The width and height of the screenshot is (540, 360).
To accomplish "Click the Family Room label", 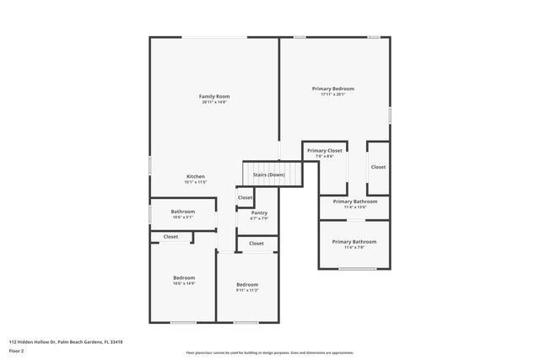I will pyautogui.click(x=214, y=96).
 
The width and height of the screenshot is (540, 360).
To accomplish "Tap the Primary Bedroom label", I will pyautogui.click(x=332, y=89).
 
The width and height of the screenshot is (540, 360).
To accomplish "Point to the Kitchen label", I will pyautogui.click(x=196, y=176).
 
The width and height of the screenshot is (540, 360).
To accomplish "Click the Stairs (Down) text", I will pyautogui.click(x=269, y=175).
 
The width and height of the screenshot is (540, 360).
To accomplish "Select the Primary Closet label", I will pyautogui.click(x=325, y=150).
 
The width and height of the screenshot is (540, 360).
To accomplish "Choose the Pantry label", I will pyautogui.click(x=259, y=212).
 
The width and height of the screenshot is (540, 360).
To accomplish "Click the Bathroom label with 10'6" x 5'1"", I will pyautogui.click(x=183, y=211).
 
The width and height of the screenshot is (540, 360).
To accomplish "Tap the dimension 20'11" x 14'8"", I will pyautogui.click(x=214, y=103).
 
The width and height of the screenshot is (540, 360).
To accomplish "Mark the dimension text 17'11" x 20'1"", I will pyautogui.click(x=332, y=94).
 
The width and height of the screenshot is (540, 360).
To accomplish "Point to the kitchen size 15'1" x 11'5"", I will pyautogui.click(x=196, y=182).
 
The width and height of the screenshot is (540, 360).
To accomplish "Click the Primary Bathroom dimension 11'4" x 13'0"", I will pyautogui.click(x=354, y=207).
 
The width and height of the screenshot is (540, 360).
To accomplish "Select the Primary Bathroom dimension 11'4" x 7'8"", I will pyautogui.click(x=354, y=248).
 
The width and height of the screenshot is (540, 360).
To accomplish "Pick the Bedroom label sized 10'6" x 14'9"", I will pyautogui.click(x=184, y=277).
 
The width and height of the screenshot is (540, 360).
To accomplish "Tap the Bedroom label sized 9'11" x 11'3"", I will pyautogui.click(x=247, y=284).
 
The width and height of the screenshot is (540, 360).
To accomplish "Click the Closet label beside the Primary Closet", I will pyautogui.click(x=378, y=167).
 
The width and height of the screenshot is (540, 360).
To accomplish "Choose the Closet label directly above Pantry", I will pyautogui.click(x=245, y=197).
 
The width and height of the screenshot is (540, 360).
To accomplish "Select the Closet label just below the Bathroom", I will pyautogui.click(x=171, y=237).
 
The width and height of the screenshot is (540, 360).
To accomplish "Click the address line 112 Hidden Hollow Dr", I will pyautogui.click(x=66, y=341).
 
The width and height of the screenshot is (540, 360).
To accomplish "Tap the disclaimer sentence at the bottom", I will pyautogui.click(x=269, y=353).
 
